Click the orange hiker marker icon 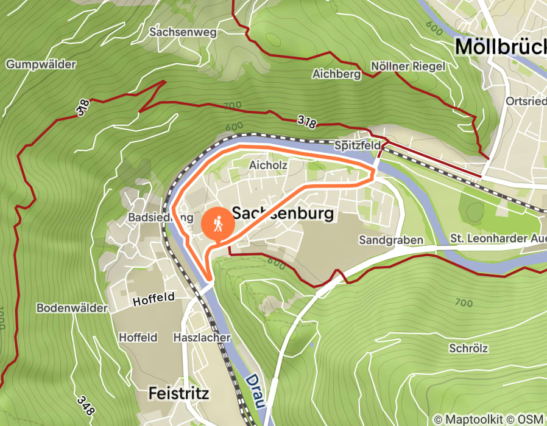(217, 225)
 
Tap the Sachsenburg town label (284, 214)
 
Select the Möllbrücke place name (500, 46)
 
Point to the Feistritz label (178, 394)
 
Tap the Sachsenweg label (182, 32)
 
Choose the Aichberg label (336, 74)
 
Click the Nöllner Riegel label (408, 66)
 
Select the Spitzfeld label (358, 145)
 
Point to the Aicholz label (268, 165)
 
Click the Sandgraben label (390, 240)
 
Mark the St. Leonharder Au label (498, 239)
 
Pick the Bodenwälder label (71, 308)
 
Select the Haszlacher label (202, 337)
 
